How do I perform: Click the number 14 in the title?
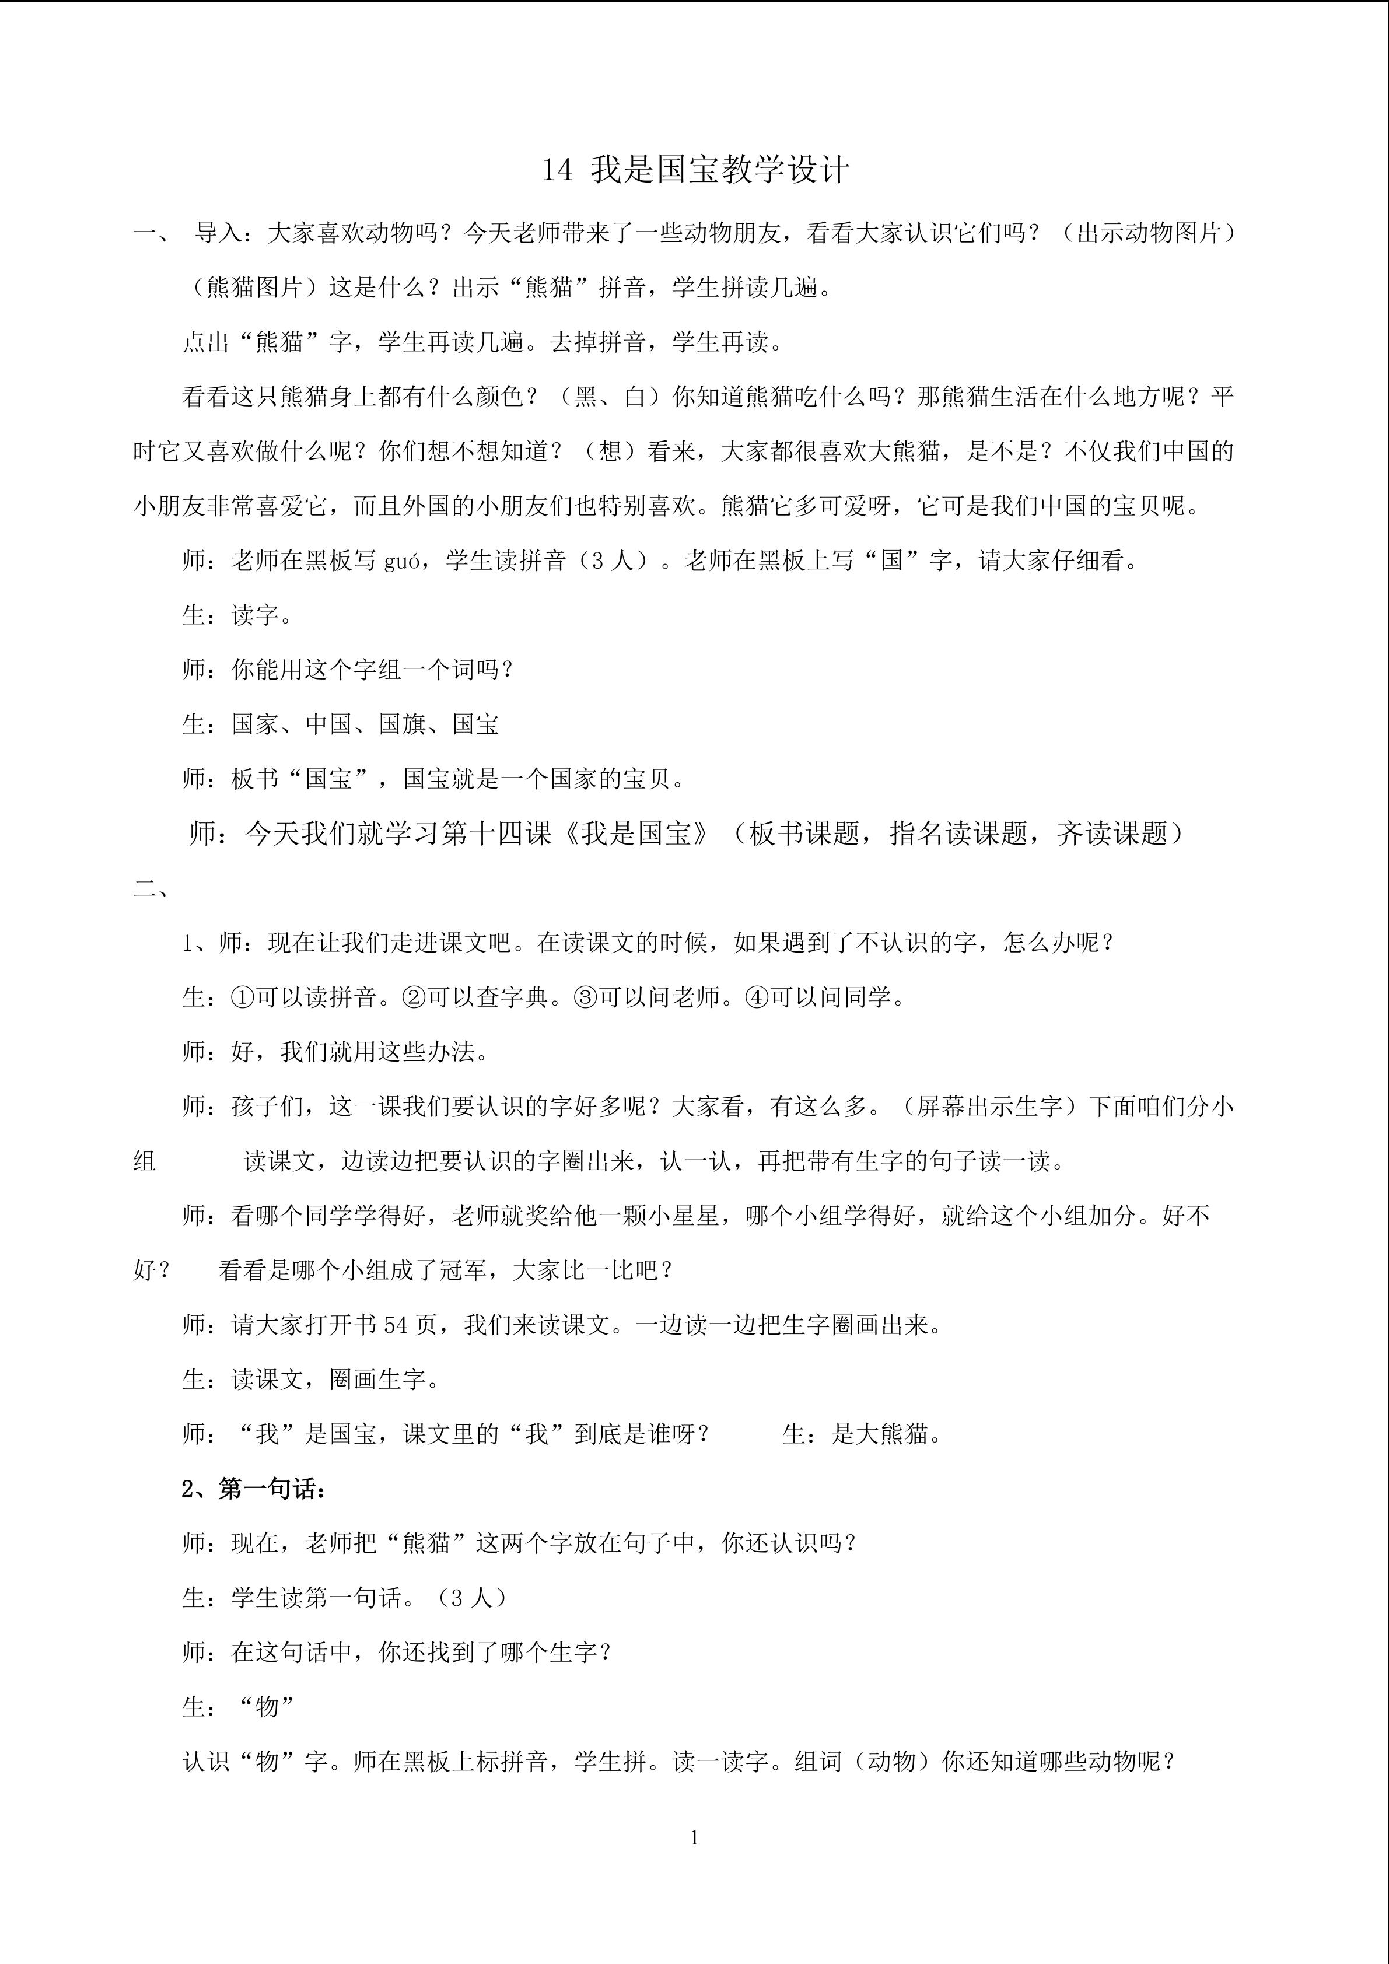pyautogui.click(x=557, y=170)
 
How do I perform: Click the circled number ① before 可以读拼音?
pyautogui.click(x=243, y=997)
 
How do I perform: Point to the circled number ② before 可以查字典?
pyautogui.click(x=414, y=997)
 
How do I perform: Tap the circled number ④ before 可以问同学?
pyautogui.click(x=757, y=997)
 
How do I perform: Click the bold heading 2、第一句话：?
pyautogui.click(x=254, y=1489)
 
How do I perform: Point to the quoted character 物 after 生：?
pyautogui.click(x=268, y=1707)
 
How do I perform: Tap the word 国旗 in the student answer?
pyautogui.click(x=401, y=724)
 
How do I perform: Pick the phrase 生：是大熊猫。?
pyautogui.click(x=862, y=1434)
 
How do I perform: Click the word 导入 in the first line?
pyautogui.click(x=219, y=233)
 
